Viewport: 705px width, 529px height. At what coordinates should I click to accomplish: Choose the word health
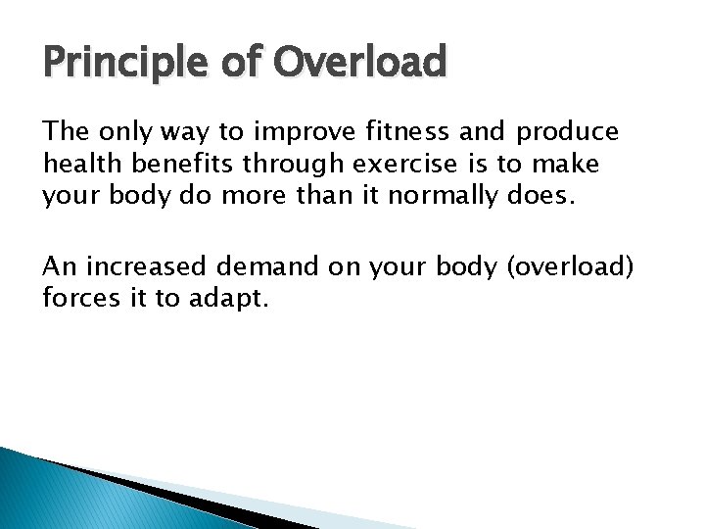(75, 163)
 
